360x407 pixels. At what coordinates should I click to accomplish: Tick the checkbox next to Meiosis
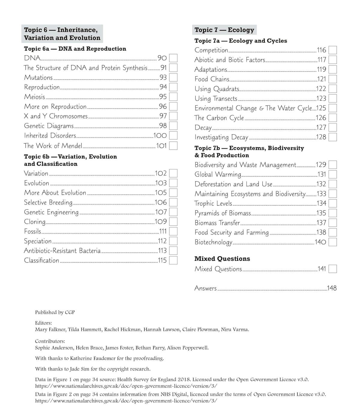[173, 97]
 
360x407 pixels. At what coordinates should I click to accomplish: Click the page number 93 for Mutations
[163, 78]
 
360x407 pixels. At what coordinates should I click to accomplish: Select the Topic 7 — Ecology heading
[224, 30]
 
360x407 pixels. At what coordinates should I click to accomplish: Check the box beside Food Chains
[332, 79]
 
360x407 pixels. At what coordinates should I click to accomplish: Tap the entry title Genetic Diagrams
[49, 126]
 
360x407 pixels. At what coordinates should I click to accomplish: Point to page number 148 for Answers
[331, 288]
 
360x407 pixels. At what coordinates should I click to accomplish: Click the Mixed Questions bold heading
[222, 259]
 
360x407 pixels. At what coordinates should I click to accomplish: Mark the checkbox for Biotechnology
[332, 242]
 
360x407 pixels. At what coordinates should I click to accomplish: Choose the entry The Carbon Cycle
[219, 118]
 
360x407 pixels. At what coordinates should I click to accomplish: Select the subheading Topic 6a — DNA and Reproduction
[75, 49]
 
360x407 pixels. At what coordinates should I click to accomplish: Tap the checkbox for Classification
[173, 260]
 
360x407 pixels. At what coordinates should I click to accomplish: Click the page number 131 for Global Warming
[322, 174]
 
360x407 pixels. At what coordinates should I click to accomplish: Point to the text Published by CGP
[55, 312]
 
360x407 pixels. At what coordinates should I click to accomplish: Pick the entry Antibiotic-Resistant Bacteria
[62, 251]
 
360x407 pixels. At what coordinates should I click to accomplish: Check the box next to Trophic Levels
[332, 203]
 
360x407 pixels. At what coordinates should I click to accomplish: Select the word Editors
[43, 323]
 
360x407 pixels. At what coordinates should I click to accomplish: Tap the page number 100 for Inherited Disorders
[160, 136]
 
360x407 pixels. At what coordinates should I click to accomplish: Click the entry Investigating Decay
[221, 137]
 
